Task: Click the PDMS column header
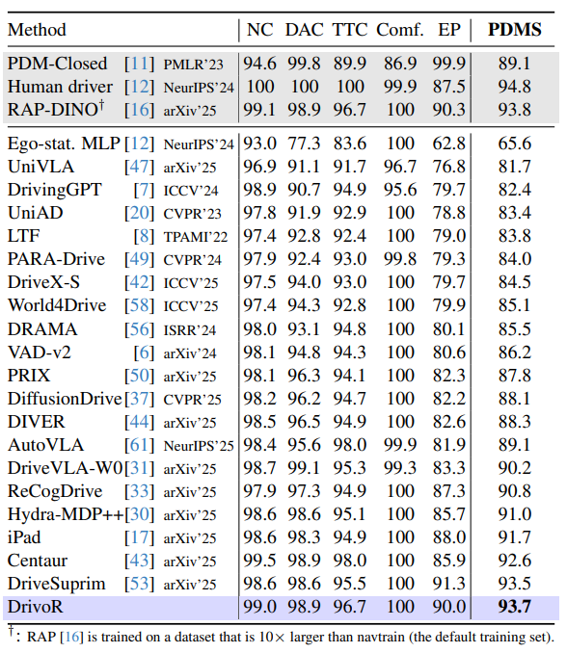tap(513, 29)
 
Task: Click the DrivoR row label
tap(36, 606)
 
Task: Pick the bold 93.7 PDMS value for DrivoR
tap(513, 606)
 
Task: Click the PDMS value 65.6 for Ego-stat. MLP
tap(513, 144)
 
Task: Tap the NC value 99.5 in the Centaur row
tap(259, 560)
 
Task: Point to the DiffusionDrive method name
tap(64, 398)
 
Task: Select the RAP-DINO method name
tap(49, 109)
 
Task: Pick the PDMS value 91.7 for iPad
tap(513, 536)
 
